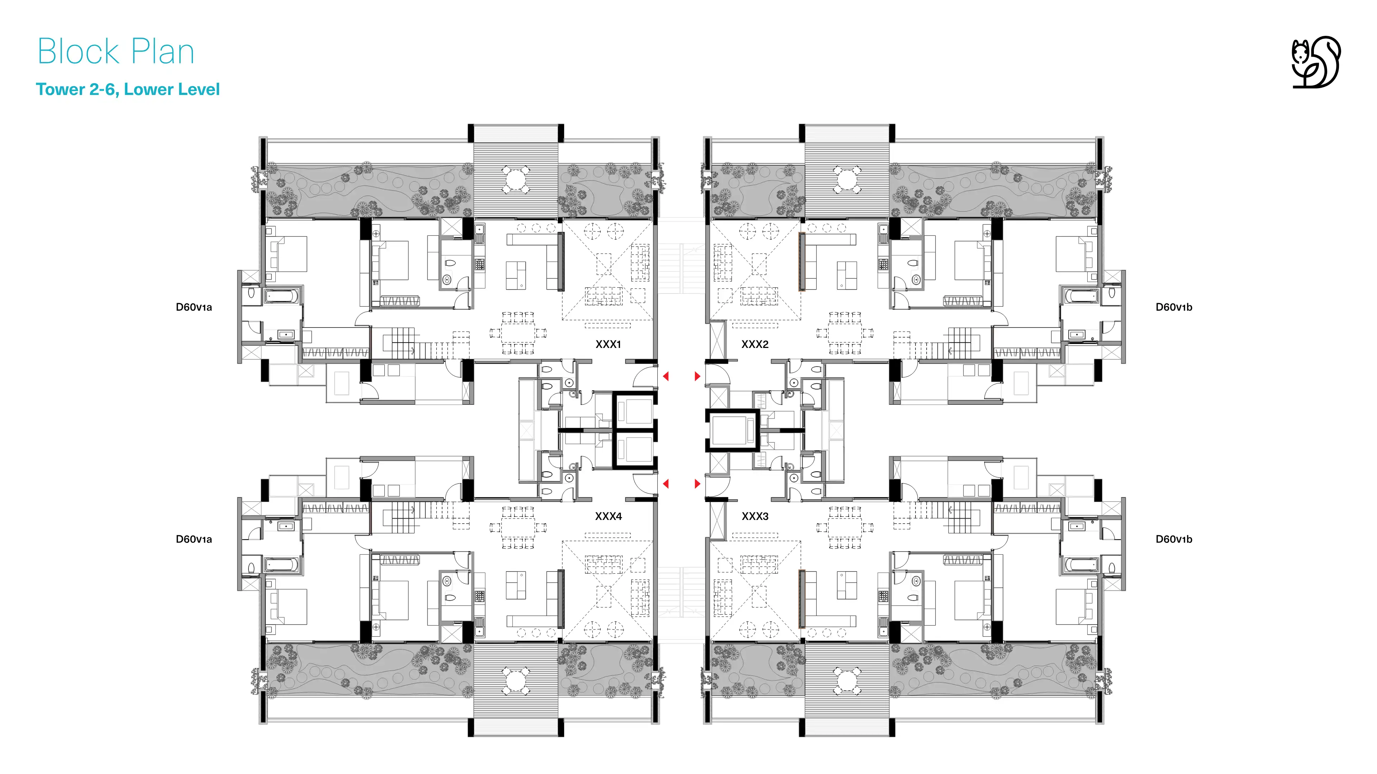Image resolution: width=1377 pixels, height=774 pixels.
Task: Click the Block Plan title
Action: point(116,52)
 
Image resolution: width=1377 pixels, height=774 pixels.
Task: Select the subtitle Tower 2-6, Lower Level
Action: point(128,89)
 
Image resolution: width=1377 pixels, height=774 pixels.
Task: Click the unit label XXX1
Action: point(608,344)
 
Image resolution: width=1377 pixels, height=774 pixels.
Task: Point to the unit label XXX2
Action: point(755,344)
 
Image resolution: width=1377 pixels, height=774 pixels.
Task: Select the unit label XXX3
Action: point(755,516)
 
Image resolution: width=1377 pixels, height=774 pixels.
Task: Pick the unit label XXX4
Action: point(608,516)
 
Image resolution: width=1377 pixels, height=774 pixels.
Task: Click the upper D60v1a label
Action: point(194,307)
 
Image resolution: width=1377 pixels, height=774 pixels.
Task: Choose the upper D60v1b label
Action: point(1174,307)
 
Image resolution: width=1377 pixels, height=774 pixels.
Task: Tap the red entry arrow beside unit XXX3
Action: point(697,484)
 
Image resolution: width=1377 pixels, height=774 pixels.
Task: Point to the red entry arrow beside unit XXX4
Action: point(666,484)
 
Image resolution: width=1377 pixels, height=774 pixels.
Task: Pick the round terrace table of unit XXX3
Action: point(847,680)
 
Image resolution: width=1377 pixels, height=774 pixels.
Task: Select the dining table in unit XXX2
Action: point(844,333)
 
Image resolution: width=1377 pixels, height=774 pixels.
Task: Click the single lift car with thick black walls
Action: point(732,430)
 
